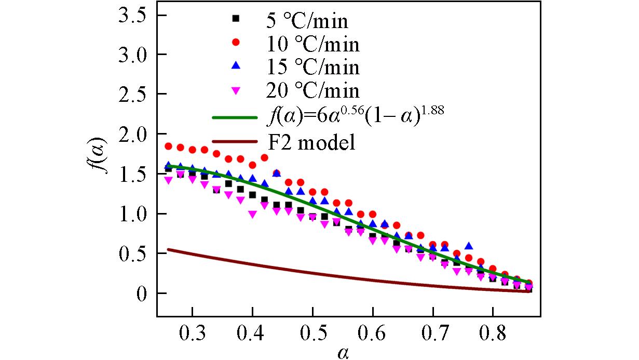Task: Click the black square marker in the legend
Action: click(x=236, y=19)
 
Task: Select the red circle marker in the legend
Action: click(x=236, y=42)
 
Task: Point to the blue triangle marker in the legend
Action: click(x=236, y=65)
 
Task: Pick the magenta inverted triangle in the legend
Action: click(x=236, y=90)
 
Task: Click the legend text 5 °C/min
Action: click(x=305, y=21)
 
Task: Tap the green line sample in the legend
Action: click(x=235, y=117)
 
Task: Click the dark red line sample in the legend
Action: click(x=235, y=141)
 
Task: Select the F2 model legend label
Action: click(x=311, y=142)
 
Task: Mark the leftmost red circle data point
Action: click(x=168, y=146)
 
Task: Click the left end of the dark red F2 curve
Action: click(x=168, y=250)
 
